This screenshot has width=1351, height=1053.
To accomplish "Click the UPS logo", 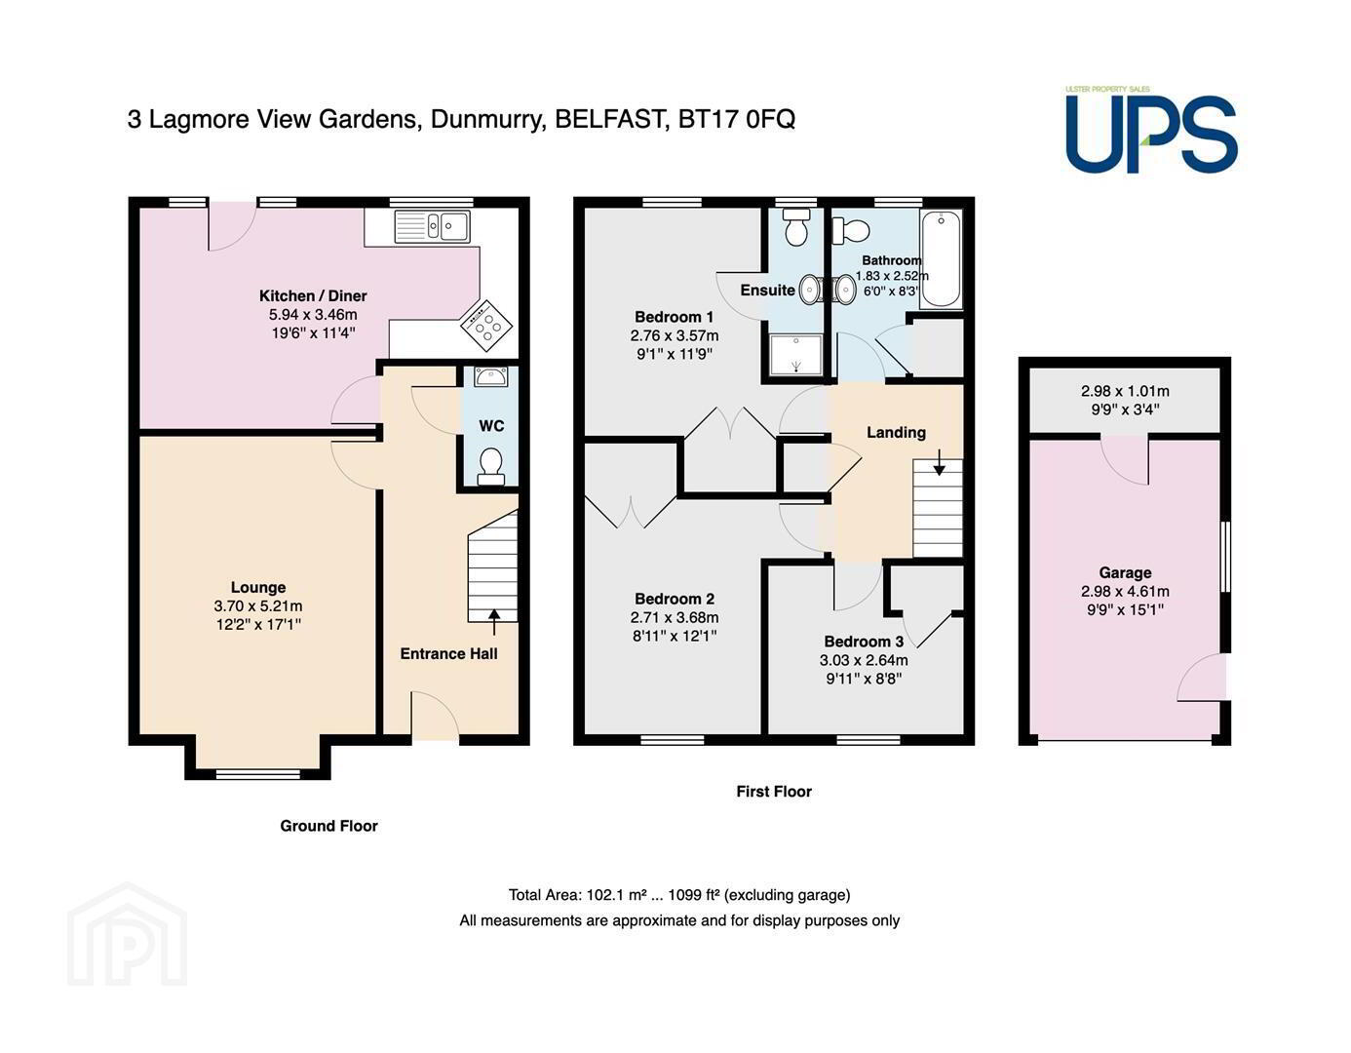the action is (1151, 131).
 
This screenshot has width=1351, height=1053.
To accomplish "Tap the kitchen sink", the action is (432, 226).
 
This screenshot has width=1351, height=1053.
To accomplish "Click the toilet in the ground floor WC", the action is (490, 466).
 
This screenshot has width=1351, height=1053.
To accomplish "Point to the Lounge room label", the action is (258, 587).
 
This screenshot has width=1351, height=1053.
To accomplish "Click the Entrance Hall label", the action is (448, 654).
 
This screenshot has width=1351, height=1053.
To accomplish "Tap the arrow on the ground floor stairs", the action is (494, 622).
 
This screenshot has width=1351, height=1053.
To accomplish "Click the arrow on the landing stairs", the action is (939, 462).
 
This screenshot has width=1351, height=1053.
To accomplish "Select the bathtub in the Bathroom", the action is (941, 258).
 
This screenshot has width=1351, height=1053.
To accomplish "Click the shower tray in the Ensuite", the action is (795, 355).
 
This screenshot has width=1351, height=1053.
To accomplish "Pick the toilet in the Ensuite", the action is (795, 227).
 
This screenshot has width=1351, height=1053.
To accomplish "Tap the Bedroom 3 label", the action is (864, 642).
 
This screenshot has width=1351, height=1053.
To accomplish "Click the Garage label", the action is (1125, 572).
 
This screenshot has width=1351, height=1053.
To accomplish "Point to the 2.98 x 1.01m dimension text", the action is (1125, 391).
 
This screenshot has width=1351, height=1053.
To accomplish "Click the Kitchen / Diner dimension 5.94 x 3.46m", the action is (313, 315).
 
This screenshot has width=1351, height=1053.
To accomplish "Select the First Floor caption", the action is (774, 792).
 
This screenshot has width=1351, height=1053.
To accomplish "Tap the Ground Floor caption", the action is (328, 826).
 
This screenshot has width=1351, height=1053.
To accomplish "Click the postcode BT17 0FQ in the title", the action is (737, 119).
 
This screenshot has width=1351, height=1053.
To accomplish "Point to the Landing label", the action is (896, 433).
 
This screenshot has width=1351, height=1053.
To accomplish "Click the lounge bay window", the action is (258, 774).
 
